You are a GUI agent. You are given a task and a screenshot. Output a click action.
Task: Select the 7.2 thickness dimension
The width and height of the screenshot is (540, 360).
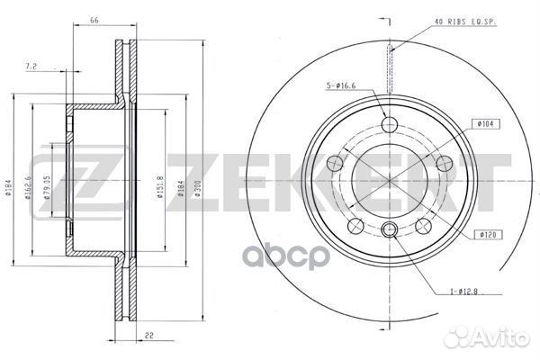point(32,67)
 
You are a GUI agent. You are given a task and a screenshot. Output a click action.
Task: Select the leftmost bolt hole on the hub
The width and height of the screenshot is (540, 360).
point(337,162)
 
